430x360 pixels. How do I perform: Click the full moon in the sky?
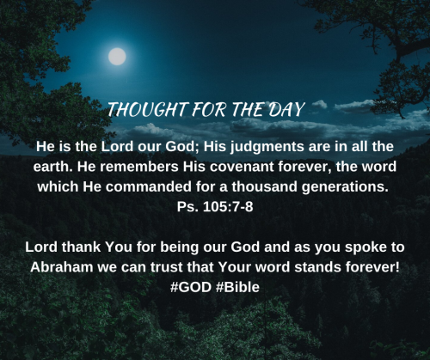(x=117, y=57)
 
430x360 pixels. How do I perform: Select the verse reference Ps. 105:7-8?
(x=215, y=207)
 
